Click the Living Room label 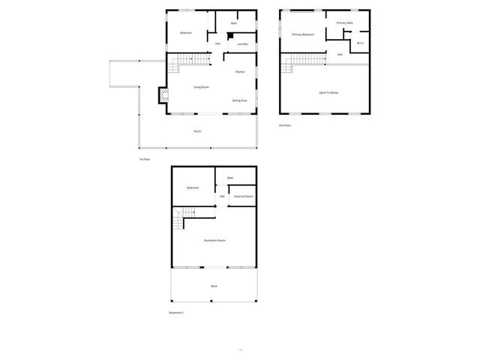click(x=201, y=87)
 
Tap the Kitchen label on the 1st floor click(x=240, y=72)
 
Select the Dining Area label click(x=240, y=100)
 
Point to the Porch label click(x=197, y=131)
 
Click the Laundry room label click(x=242, y=44)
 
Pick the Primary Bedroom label click(x=303, y=34)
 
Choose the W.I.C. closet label click(x=361, y=43)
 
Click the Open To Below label click(x=328, y=92)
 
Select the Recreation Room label click(x=214, y=240)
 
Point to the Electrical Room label click(x=244, y=196)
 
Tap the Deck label click(x=214, y=286)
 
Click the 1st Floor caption click(x=144, y=159)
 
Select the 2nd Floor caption click(x=285, y=125)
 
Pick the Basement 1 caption click(x=176, y=312)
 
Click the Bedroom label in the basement click(x=193, y=187)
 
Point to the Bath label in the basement click(x=230, y=178)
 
